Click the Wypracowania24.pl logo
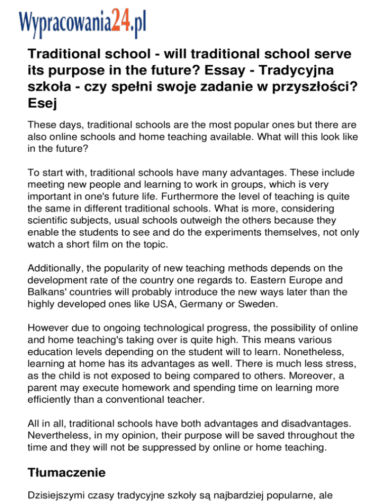tap(82, 20)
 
